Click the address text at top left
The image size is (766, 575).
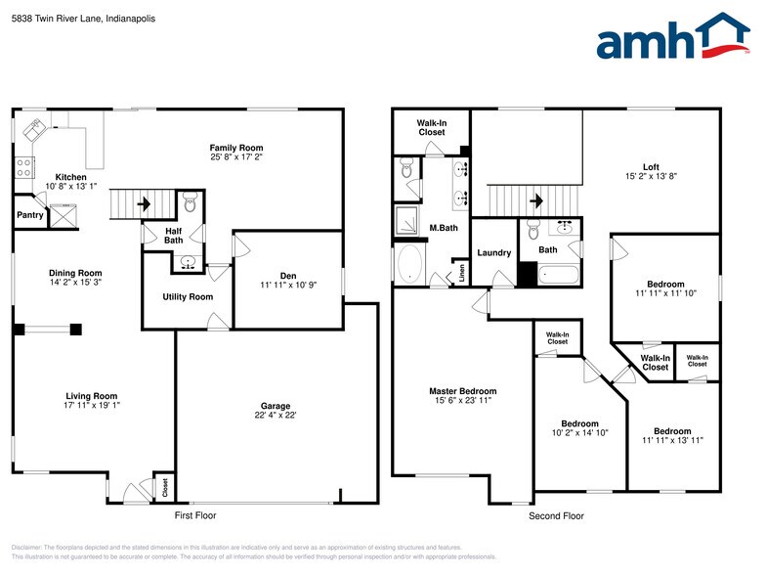[x=77, y=19]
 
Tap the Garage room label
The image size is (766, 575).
[x=276, y=406]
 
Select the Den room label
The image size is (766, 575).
[x=287, y=273]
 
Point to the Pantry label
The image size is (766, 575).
[x=30, y=215]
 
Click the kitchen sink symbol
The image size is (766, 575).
[x=38, y=128]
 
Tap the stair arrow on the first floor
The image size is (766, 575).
[x=144, y=204]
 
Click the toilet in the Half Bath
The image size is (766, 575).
[x=191, y=204]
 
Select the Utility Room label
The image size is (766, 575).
[x=187, y=296]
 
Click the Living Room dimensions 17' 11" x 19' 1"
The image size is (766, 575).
[x=91, y=406]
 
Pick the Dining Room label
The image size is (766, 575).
[x=76, y=273]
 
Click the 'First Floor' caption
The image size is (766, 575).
[x=195, y=515]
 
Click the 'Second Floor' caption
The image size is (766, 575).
[x=556, y=515]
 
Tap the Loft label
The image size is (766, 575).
[x=650, y=166]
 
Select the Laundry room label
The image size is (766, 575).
[x=493, y=252]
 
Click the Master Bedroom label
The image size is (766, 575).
[x=463, y=391]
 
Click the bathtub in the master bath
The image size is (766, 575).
[x=410, y=264]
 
